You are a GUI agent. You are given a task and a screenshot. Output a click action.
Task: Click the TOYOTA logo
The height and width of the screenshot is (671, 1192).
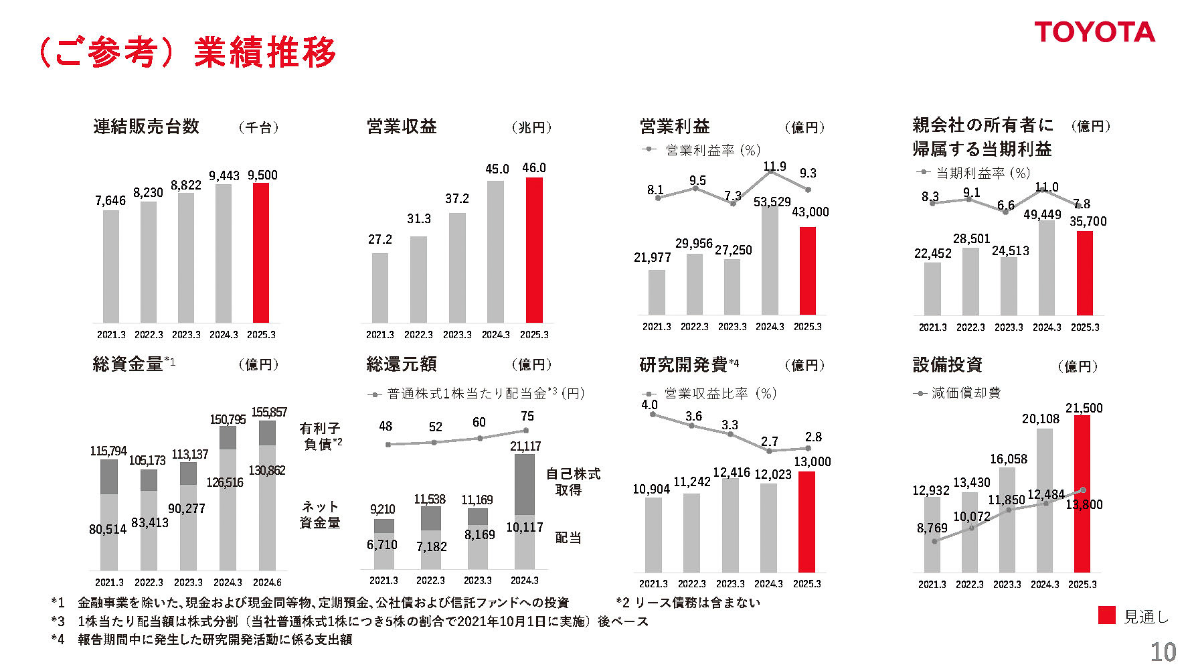click(x=1094, y=32)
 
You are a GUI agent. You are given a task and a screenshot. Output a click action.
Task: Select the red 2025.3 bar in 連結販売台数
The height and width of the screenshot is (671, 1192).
click(x=260, y=253)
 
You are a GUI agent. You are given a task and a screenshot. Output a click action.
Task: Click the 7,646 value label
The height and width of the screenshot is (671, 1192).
click(x=110, y=201)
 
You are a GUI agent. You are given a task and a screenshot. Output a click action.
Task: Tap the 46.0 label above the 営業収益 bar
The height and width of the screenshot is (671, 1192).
click(x=534, y=168)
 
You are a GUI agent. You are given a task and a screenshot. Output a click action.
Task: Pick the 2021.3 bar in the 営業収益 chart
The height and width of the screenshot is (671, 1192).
click(x=380, y=288)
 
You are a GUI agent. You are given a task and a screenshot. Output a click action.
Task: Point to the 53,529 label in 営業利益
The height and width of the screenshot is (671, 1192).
click(x=772, y=202)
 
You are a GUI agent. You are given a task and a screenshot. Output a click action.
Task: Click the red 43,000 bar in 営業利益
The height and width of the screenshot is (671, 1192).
click(x=808, y=271)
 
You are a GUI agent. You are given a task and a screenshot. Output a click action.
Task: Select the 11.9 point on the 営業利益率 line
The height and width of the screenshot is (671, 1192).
click(x=770, y=171)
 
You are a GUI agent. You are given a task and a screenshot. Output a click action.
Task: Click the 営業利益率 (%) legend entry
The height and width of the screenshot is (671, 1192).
click(x=703, y=151)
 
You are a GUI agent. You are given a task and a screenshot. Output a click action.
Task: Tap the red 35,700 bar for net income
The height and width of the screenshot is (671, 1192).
click(x=1084, y=273)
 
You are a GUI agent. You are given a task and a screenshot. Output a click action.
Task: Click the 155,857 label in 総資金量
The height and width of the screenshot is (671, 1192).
click(x=269, y=413)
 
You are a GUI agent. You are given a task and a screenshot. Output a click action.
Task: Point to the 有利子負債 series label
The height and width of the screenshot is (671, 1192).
click(x=321, y=435)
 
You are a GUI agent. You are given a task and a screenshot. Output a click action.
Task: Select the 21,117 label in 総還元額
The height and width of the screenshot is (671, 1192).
click(x=525, y=446)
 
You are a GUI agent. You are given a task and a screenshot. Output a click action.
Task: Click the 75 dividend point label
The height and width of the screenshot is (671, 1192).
click(x=527, y=417)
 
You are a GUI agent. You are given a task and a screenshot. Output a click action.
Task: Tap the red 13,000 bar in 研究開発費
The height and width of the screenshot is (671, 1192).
click(x=806, y=522)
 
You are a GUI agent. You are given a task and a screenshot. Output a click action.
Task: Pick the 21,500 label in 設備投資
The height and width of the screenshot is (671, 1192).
click(x=1084, y=408)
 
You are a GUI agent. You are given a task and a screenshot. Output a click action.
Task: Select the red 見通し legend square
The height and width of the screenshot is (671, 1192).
click(x=1107, y=615)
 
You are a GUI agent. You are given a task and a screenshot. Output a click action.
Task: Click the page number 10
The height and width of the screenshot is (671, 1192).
click(x=1163, y=652)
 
